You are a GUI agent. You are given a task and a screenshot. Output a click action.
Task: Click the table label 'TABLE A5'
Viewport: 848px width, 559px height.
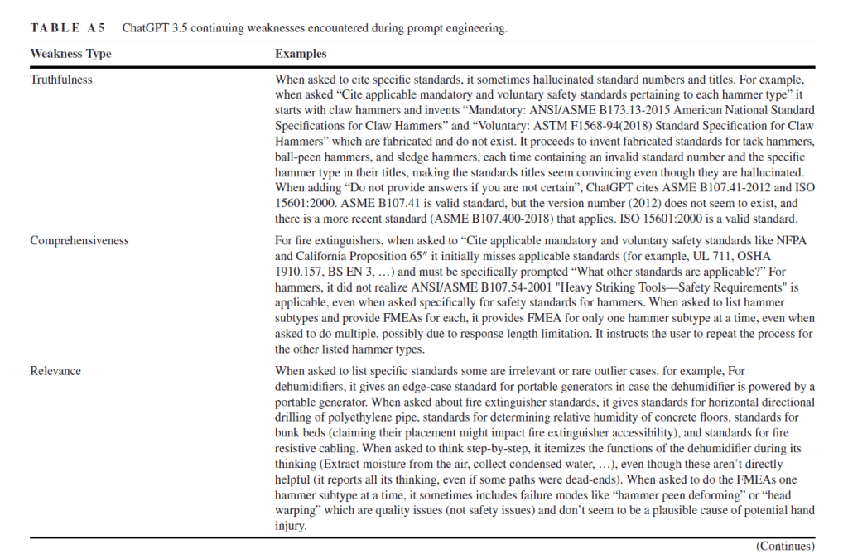[x=68, y=28]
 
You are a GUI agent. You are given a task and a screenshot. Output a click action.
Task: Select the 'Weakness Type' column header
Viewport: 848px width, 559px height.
[x=70, y=54]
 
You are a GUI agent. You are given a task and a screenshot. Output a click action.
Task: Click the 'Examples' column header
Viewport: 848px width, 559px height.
[x=301, y=54]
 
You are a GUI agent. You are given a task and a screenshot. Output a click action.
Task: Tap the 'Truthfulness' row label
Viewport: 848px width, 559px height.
[x=61, y=80]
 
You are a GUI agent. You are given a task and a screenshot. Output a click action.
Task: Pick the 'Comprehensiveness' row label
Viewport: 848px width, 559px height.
[x=79, y=240]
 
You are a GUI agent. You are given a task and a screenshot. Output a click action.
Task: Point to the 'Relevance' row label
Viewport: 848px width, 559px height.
[x=55, y=371]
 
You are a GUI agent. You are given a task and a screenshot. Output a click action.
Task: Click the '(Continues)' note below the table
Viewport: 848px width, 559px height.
[x=784, y=546]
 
